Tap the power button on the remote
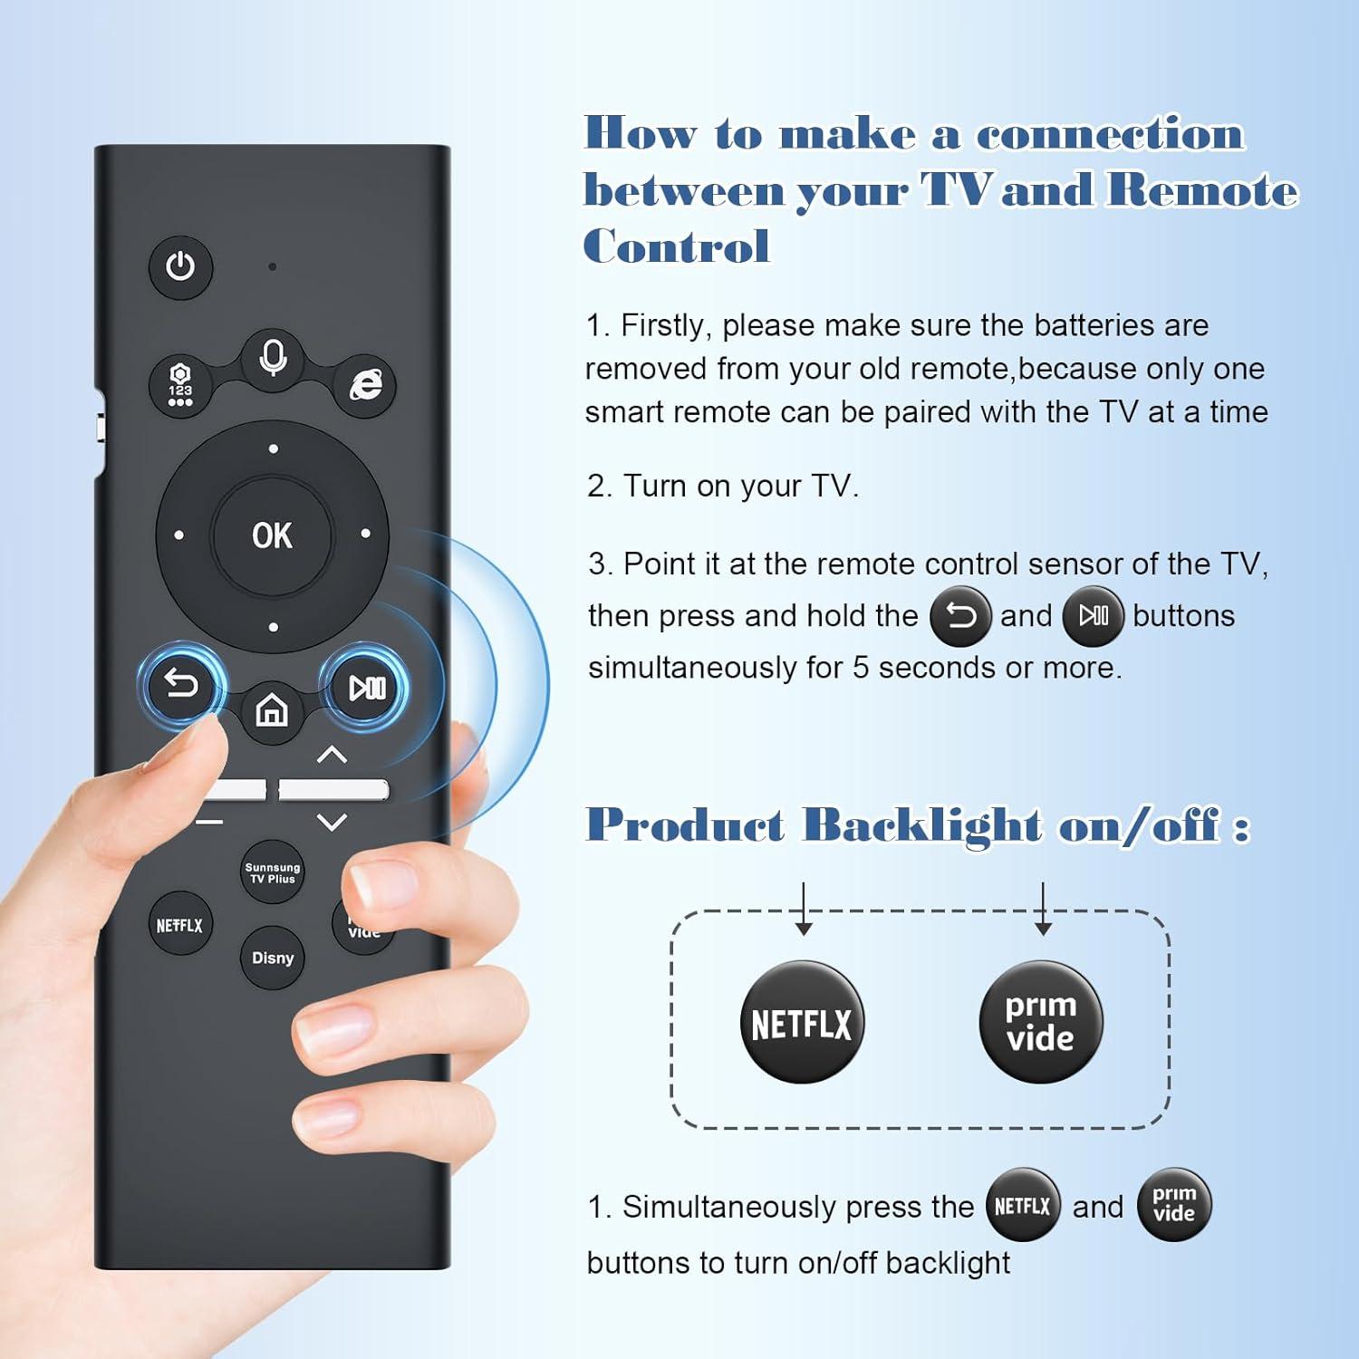pos(180,267)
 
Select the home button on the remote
pos(272,710)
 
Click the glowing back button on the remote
pos(180,685)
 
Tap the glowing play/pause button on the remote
pos(367,689)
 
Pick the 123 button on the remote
pos(180,385)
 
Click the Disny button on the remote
pos(273,958)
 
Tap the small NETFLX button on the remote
pos(179,925)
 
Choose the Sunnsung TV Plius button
pos(273,872)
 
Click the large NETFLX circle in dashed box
pos(802,1023)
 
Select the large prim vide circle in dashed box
pos(1041,1022)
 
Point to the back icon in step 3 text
pos(960,616)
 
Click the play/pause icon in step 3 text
pos(1093,616)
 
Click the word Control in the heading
pos(677,246)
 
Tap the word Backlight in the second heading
pos(922,825)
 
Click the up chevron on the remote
pos(333,754)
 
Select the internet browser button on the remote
pos(366,385)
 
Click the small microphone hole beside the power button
pos(273,267)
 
